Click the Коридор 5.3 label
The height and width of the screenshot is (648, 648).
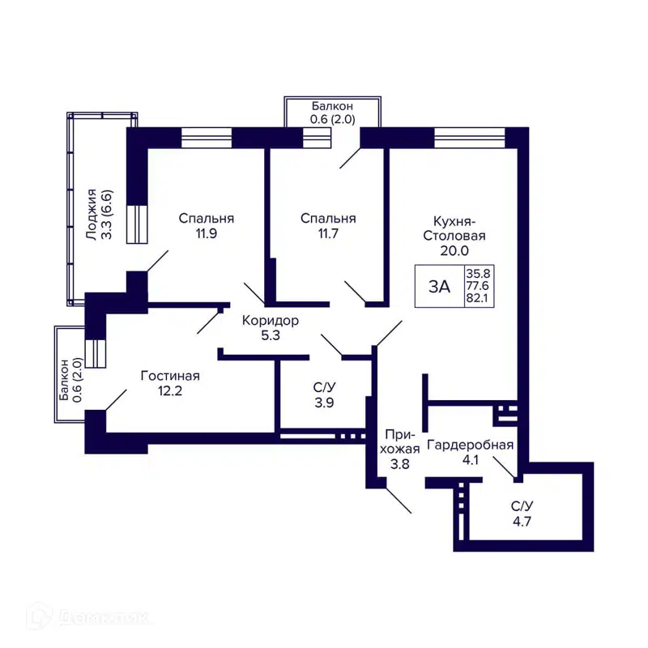tap(271, 328)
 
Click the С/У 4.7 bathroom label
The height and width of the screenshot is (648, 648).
tap(522, 514)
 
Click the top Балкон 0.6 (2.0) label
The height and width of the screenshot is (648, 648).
tap(332, 113)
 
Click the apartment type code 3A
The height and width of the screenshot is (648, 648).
tap(439, 286)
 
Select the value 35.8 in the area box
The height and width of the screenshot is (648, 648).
tap(477, 273)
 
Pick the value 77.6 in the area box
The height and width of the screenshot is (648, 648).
tap(477, 286)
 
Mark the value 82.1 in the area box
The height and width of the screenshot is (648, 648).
tap(477, 299)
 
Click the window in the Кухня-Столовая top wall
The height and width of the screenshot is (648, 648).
tap(470, 135)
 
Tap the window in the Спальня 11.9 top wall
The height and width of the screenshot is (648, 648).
tap(207, 138)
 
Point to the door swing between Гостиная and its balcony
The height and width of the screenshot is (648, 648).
tap(116, 399)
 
